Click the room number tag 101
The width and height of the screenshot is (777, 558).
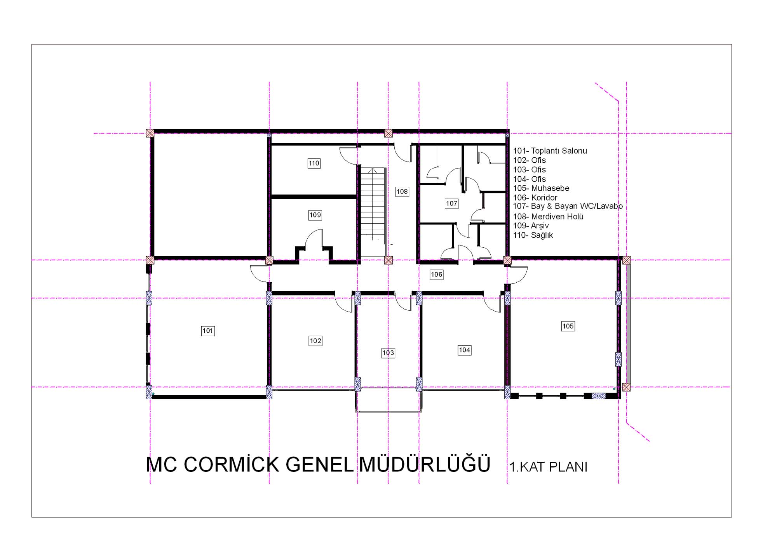click(x=208, y=331)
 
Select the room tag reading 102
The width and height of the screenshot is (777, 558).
click(x=315, y=341)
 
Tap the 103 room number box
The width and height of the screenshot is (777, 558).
click(x=388, y=353)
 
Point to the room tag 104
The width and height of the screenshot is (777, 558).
click(x=465, y=350)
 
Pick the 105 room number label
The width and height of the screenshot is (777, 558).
click(x=568, y=326)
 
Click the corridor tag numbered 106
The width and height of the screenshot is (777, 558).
click(x=436, y=275)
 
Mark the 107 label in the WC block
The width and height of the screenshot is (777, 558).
click(x=451, y=203)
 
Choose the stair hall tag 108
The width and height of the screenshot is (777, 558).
click(x=402, y=191)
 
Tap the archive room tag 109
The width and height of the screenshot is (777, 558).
click(x=315, y=215)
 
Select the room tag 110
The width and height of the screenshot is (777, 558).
click(x=314, y=163)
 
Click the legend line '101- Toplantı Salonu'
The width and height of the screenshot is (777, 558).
click(x=550, y=151)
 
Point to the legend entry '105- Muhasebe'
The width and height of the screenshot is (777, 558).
click(x=541, y=188)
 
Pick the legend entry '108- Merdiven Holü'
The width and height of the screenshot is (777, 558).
click(x=548, y=217)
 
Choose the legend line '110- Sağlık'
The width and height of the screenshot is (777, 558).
click(x=533, y=235)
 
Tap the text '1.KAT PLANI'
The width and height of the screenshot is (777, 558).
click(x=548, y=467)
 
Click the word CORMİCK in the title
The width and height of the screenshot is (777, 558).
click(x=231, y=464)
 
